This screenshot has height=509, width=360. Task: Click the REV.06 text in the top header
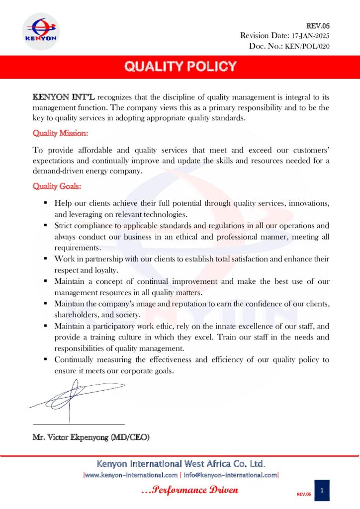(319, 25)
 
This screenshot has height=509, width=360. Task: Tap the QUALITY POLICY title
(180, 67)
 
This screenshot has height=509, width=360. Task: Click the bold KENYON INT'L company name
(63, 96)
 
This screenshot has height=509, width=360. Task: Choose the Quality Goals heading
(57, 186)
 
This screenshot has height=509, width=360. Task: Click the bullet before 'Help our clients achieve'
(45, 203)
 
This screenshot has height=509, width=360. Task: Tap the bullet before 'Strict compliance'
(45, 226)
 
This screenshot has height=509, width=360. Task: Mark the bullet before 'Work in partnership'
(45, 259)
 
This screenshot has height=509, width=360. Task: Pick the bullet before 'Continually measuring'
(45, 359)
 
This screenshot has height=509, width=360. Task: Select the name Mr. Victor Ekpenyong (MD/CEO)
(91, 438)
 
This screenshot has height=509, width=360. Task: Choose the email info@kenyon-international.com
(230, 475)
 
